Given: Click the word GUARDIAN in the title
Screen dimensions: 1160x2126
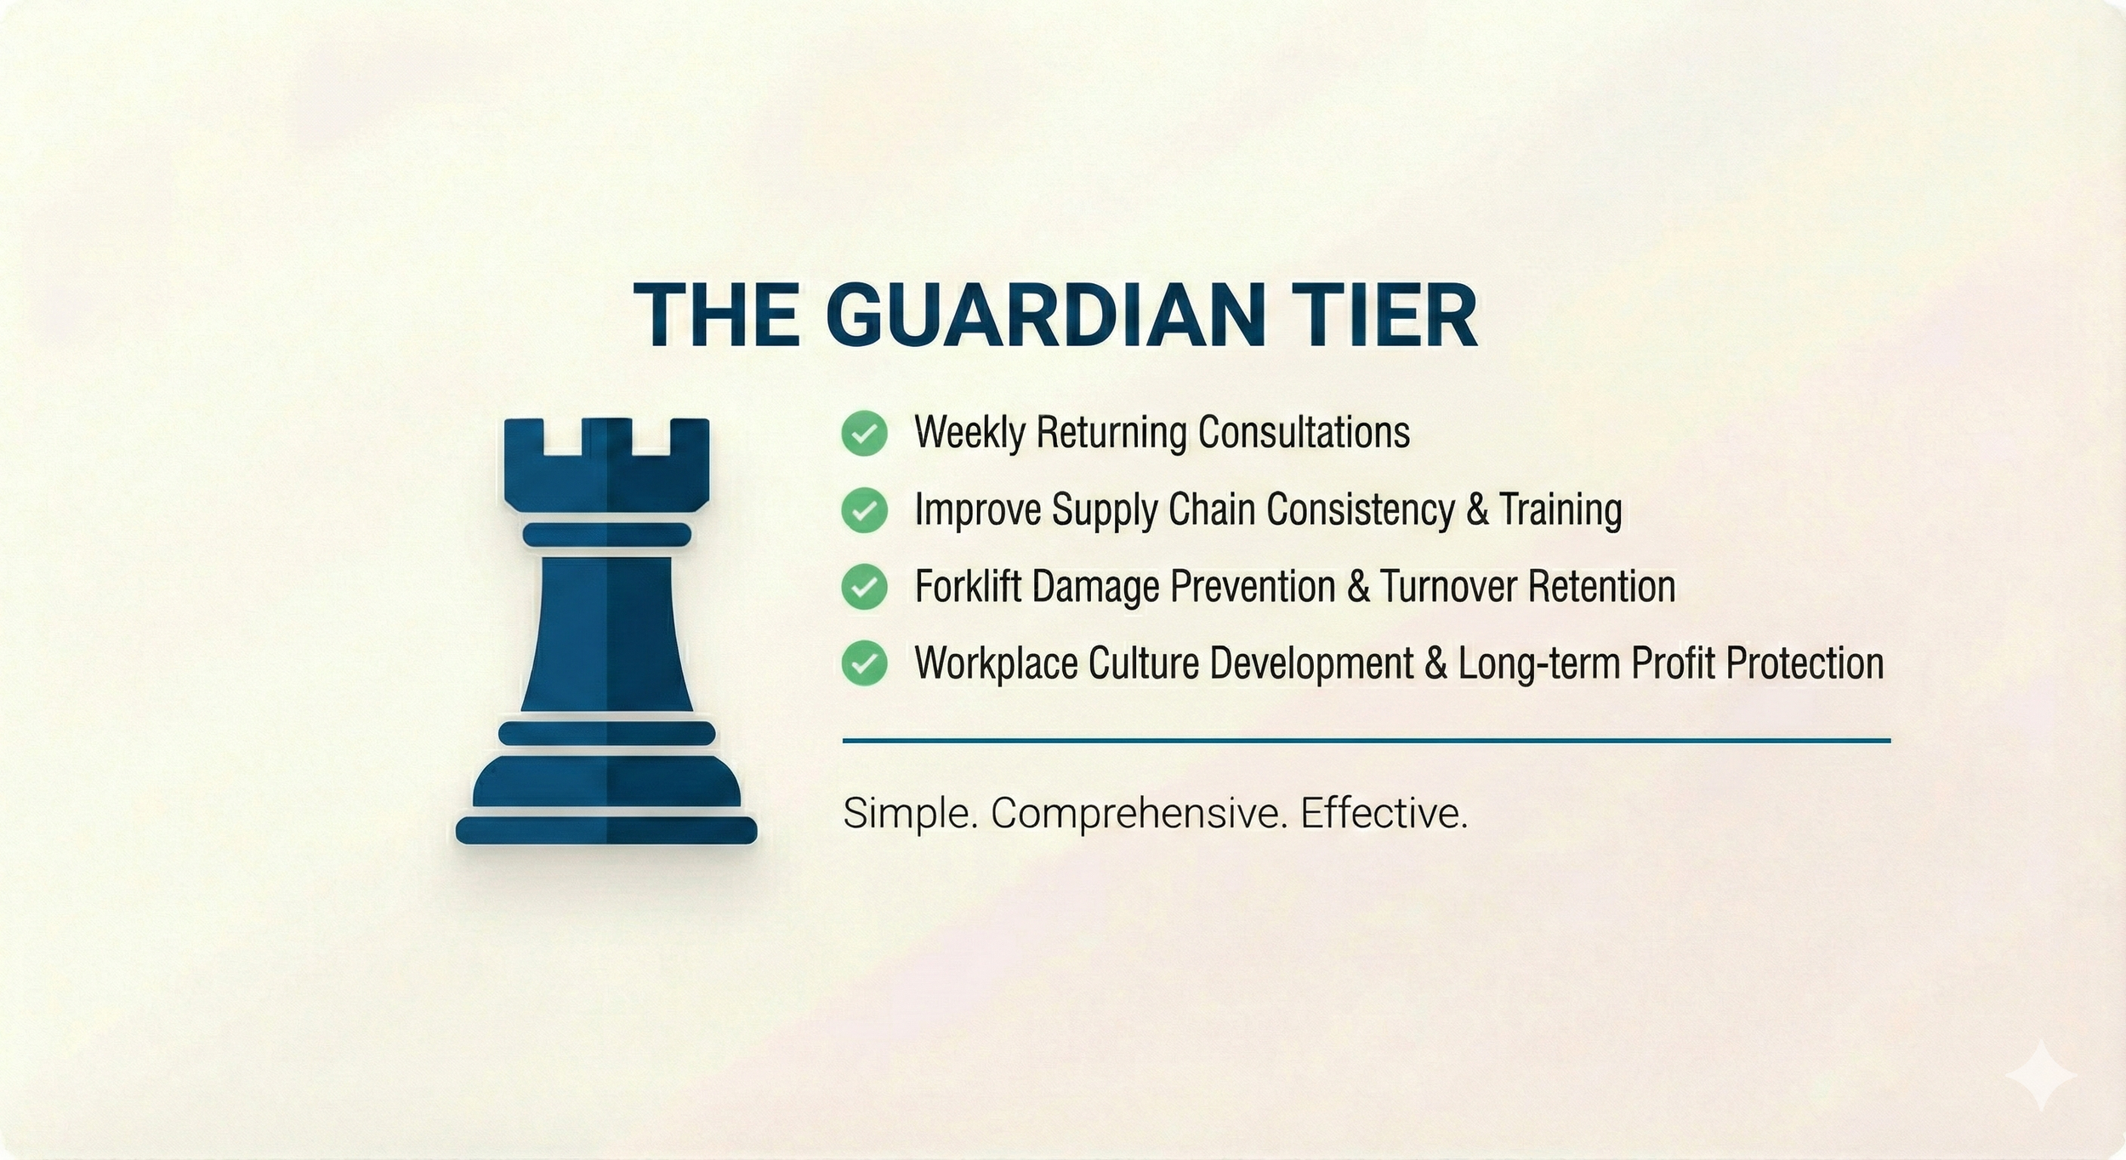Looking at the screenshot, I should tap(1040, 316).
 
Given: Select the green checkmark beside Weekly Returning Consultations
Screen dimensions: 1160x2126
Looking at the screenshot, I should tap(864, 434).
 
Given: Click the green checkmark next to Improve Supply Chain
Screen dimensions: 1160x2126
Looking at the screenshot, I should tap(864, 510).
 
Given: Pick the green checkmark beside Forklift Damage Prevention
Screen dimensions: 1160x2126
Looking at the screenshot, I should tap(864, 587).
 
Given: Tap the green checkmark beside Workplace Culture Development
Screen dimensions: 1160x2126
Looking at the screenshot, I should tap(864, 663).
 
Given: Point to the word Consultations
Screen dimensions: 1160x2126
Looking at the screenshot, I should tap(1304, 432).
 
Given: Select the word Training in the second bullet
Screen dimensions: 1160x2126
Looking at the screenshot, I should tap(1560, 509).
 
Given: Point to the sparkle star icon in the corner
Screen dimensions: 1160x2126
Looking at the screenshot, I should tap(2041, 1076).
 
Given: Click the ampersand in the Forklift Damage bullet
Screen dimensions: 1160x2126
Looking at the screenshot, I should tap(1358, 587).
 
